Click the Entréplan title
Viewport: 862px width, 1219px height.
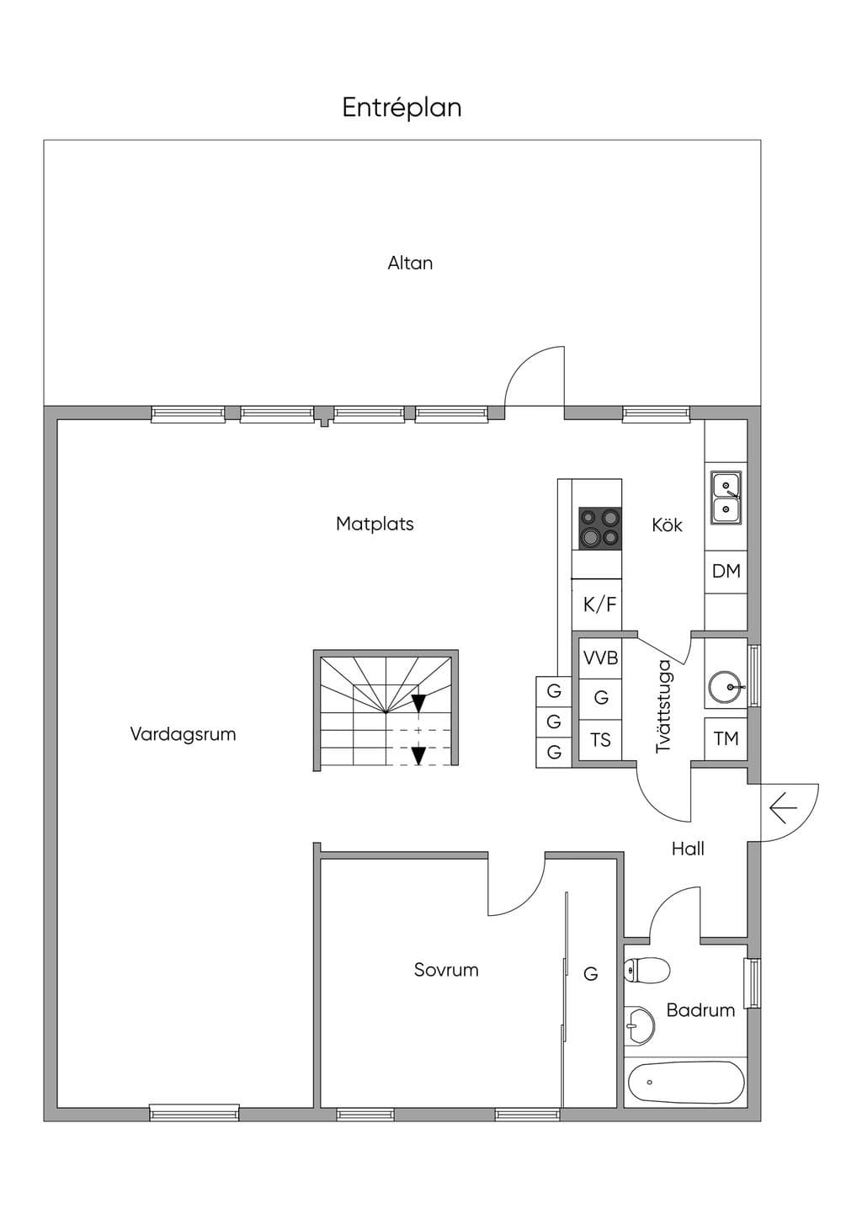pyautogui.click(x=402, y=108)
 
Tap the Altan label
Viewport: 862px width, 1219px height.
pyautogui.click(x=410, y=263)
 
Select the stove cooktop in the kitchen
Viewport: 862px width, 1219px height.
pyautogui.click(x=600, y=529)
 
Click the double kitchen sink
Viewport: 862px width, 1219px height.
pyautogui.click(x=726, y=498)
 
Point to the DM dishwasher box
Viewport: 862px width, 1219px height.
pyautogui.click(x=726, y=572)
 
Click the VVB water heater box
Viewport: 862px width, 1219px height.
pyautogui.click(x=600, y=658)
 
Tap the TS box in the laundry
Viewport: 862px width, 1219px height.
pyautogui.click(x=600, y=740)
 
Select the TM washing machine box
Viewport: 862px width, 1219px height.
pyautogui.click(x=726, y=739)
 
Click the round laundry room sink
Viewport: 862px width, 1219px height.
pyautogui.click(x=725, y=687)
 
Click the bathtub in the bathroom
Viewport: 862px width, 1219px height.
pyautogui.click(x=686, y=1081)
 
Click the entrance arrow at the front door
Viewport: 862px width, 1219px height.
pyautogui.click(x=784, y=808)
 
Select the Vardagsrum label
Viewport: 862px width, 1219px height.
pyautogui.click(x=183, y=734)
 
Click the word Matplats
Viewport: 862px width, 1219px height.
pyautogui.click(x=375, y=524)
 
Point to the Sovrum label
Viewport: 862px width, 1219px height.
pyautogui.click(x=446, y=970)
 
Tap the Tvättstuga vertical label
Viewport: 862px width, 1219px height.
pyautogui.click(x=664, y=706)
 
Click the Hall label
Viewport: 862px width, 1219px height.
pyautogui.click(x=688, y=849)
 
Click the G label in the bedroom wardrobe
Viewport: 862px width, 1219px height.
pyautogui.click(x=591, y=973)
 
